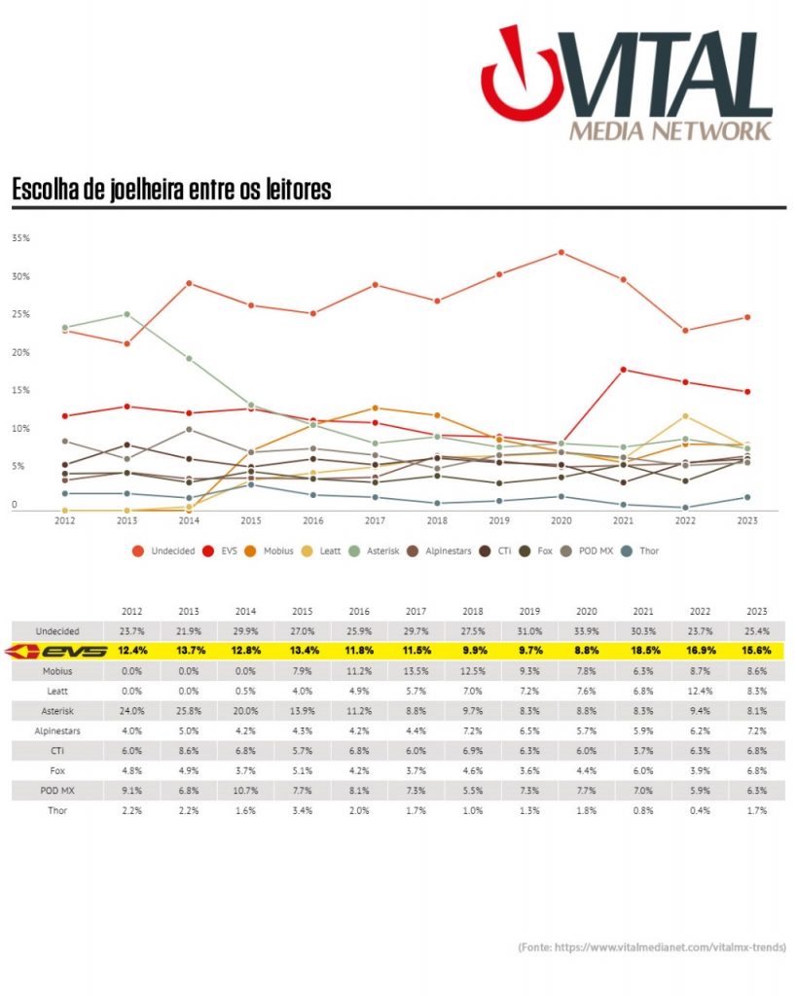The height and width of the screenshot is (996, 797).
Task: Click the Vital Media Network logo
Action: (x=629, y=84)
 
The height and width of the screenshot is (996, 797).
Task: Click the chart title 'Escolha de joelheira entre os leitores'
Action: (x=171, y=190)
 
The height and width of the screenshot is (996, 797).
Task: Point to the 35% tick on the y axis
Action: (x=20, y=238)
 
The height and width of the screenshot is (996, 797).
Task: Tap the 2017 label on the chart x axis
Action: (x=375, y=520)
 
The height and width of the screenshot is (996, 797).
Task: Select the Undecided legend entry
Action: (x=164, y=551)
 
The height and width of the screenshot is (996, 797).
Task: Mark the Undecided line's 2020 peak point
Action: (x=562, y=253)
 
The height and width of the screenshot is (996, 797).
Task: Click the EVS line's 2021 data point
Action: (x=623, y=370)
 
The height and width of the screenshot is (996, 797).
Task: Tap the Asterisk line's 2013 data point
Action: (x=127, y=314)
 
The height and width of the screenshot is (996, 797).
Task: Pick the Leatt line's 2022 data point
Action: (x=685, y=416)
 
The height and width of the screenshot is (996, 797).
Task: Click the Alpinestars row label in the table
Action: (x=55, y=729)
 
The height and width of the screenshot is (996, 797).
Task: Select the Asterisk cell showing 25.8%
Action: (x=189, y=710)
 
